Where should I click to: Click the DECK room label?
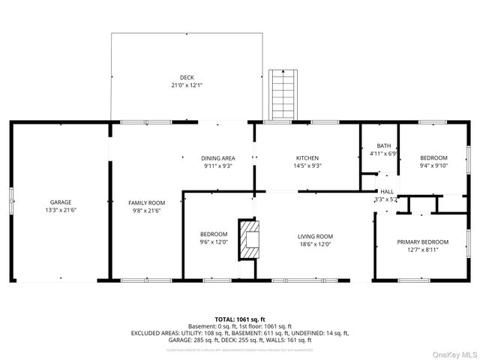pyautogui.click(x=186, y=77)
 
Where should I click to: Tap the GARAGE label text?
pyautogui.click(x=61, y=202)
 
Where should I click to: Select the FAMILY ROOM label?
pyautogui.click(x=146, y=202)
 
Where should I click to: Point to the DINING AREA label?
pyautogui.click(x=218, y=158)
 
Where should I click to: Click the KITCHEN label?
pyautogui.click(x=307, y=158)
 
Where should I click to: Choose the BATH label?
pyautogui.click(x=384, y=145)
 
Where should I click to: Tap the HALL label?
pyautogui.click(x=387, y=192)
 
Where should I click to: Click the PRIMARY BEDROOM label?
pyautogui.click(x=422, y=241)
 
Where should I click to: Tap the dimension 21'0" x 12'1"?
pyautogui.click(x=186, y=85)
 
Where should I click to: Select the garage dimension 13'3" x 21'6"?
pyautogui.click(x=61, y=211)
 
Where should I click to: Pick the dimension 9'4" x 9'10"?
pyautogui.click(x=433, y=166)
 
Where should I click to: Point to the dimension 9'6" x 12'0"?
pyautogui.click(x=213, y=242)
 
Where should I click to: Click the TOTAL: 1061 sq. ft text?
pyautogui.click(x=239, y=319)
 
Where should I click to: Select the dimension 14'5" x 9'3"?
pyautogui.click(x=307, y=166)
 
